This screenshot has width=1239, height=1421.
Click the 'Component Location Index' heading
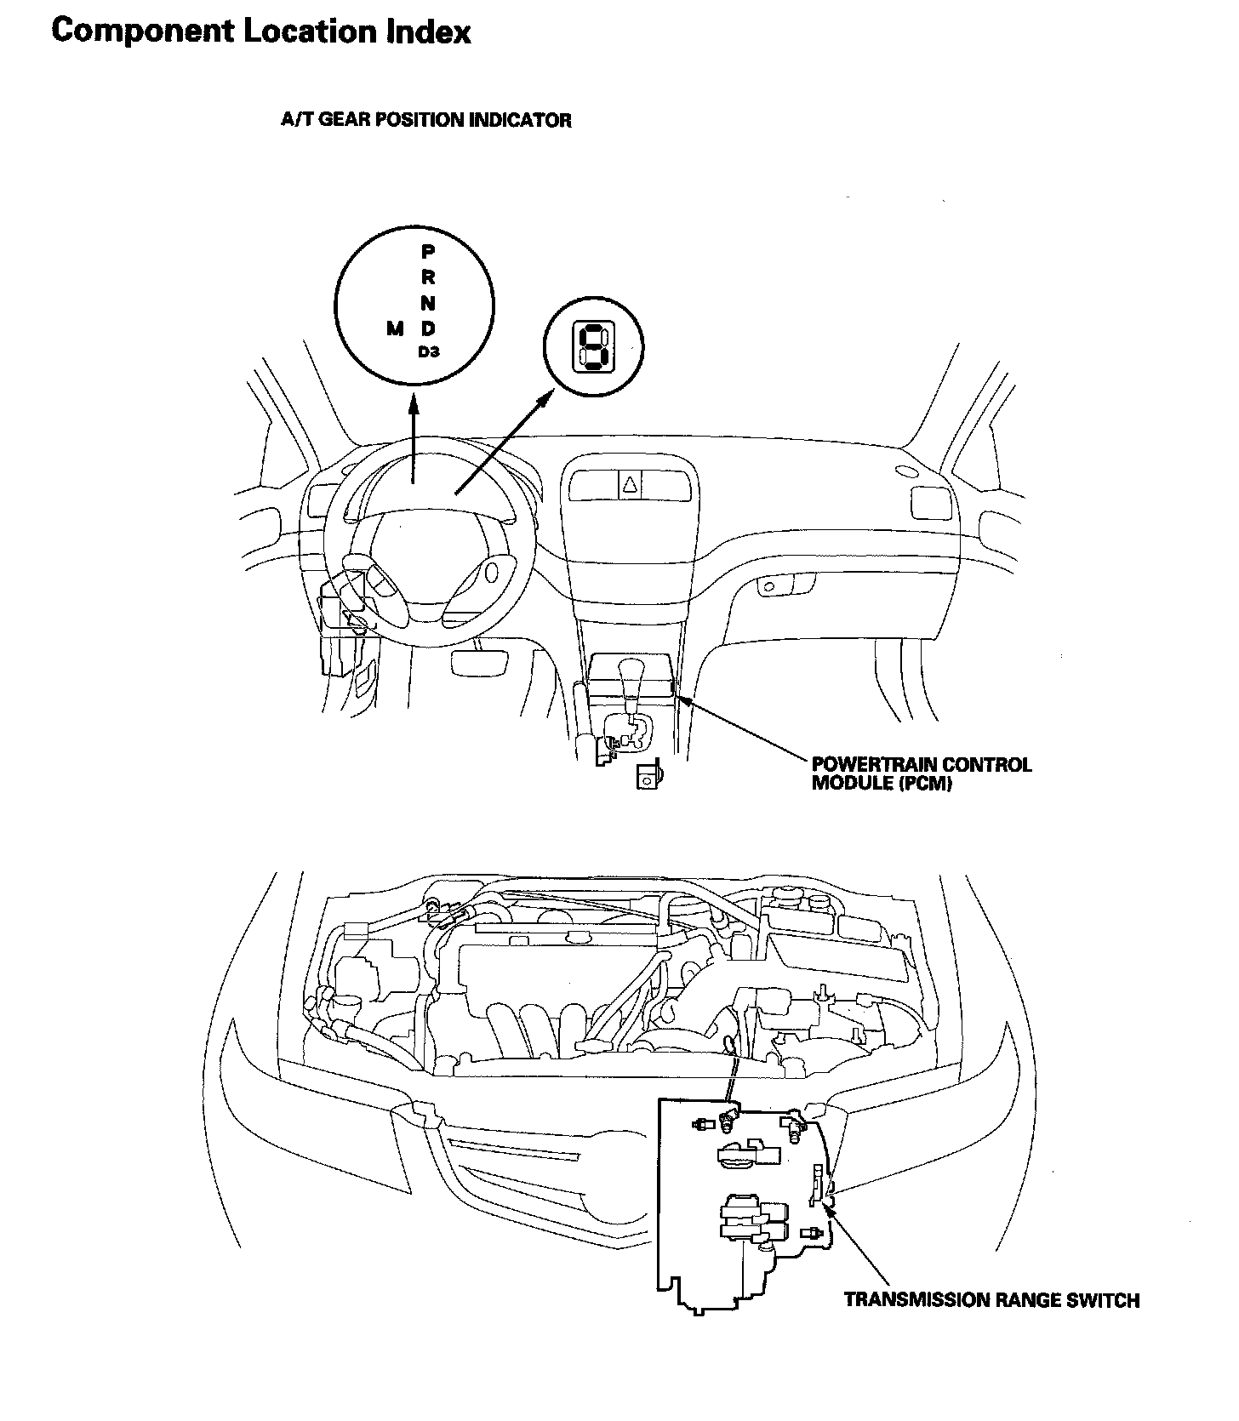260,32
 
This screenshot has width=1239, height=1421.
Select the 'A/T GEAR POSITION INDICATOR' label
426,120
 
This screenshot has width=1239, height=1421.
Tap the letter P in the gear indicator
428,252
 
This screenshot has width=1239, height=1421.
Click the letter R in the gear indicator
428,277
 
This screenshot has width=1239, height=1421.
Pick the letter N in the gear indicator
428,303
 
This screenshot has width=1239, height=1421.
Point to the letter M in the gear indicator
395,328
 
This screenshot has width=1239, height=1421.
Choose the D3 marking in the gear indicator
429,351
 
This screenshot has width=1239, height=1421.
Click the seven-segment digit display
593,348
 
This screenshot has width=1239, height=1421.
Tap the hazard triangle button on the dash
631,486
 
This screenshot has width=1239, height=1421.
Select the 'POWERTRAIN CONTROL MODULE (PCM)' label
922,773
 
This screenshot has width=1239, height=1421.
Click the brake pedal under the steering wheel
481,660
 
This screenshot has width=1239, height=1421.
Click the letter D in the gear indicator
429,328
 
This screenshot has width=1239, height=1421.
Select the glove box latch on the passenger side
769,586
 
